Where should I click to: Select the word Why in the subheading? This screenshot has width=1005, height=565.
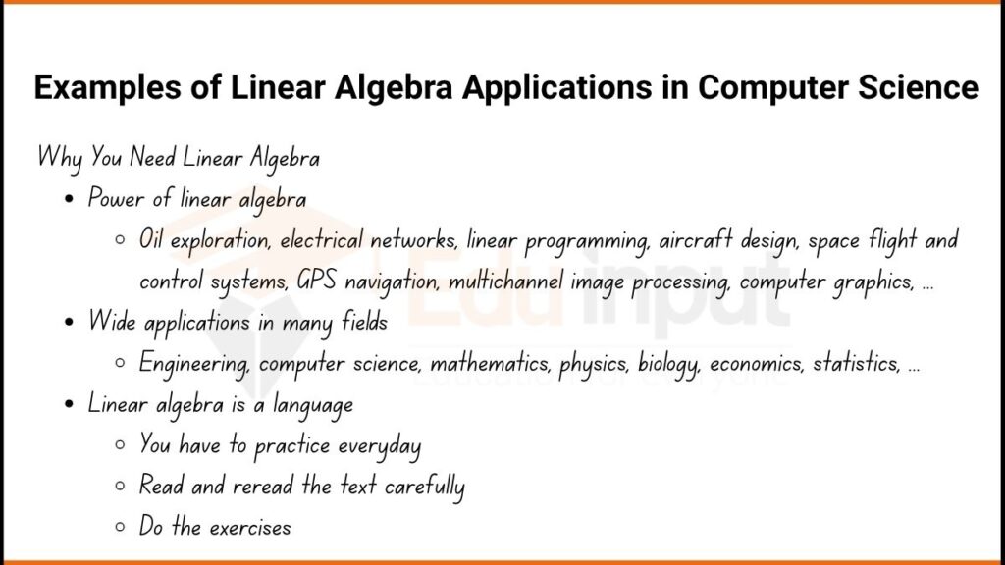coord(59,157)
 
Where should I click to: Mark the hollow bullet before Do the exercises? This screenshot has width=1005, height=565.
coord(120,529)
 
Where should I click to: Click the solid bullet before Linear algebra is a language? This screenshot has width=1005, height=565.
coord(68,404)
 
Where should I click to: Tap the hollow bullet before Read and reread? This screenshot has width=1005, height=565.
coord(120,488)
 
